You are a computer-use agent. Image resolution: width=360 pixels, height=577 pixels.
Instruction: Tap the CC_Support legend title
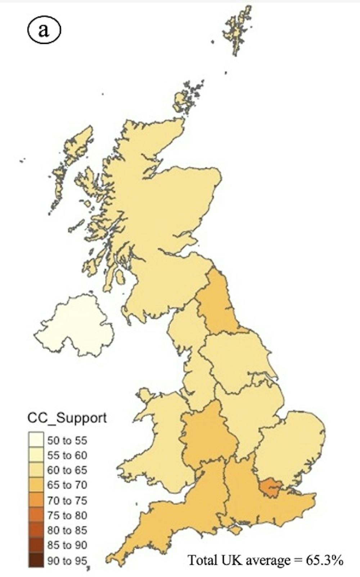coord(67,418)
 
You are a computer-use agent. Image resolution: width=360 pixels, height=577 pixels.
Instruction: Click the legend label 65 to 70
coord(67,485)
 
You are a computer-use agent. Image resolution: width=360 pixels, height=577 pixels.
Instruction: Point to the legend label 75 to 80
coord(67,515)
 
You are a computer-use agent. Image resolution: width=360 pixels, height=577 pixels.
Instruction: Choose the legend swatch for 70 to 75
coord(36,500)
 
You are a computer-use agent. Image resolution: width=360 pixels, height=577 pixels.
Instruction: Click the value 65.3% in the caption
coord(324,560)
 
